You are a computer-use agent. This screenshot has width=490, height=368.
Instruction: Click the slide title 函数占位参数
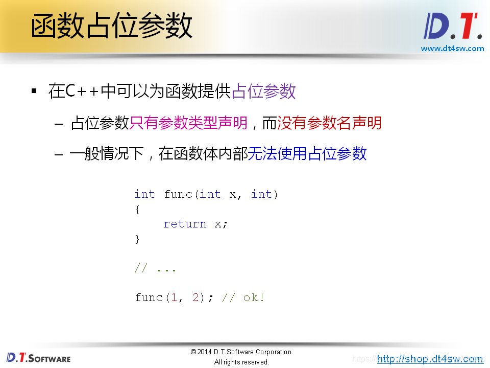pos(111,27)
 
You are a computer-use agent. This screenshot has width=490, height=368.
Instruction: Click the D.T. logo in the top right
pos(453,27)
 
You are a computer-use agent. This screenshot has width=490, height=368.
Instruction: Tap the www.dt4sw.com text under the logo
pos(452,49)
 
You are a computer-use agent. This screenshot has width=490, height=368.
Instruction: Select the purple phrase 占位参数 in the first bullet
pos(263,91)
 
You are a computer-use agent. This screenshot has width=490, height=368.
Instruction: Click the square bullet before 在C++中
pos(34,91)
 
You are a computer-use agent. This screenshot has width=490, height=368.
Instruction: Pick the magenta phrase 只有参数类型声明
pos(188,123)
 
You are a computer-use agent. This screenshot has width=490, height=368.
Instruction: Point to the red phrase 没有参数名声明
pos(329,123)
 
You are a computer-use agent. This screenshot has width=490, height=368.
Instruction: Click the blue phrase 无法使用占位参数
pos(307,153)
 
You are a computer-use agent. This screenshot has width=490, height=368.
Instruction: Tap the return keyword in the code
pos(185,224)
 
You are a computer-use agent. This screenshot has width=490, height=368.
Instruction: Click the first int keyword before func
pos(144,194)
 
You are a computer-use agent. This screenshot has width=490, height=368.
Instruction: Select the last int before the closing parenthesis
pos(261,194)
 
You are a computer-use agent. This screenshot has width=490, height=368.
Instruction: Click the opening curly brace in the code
pos(137,210)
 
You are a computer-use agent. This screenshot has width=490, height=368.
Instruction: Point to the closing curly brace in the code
pos(137,239)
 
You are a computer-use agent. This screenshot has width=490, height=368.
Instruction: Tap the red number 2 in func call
pos(195,297)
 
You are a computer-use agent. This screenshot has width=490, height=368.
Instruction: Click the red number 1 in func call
pos(174,297)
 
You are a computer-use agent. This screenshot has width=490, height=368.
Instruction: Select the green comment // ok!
pos(243,297)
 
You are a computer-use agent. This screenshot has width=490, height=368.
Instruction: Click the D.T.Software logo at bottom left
pos(38,357)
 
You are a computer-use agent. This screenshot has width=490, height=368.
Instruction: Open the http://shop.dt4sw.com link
pos(430,359)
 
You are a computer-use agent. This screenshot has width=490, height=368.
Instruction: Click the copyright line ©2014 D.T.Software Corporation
pos(241,352)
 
